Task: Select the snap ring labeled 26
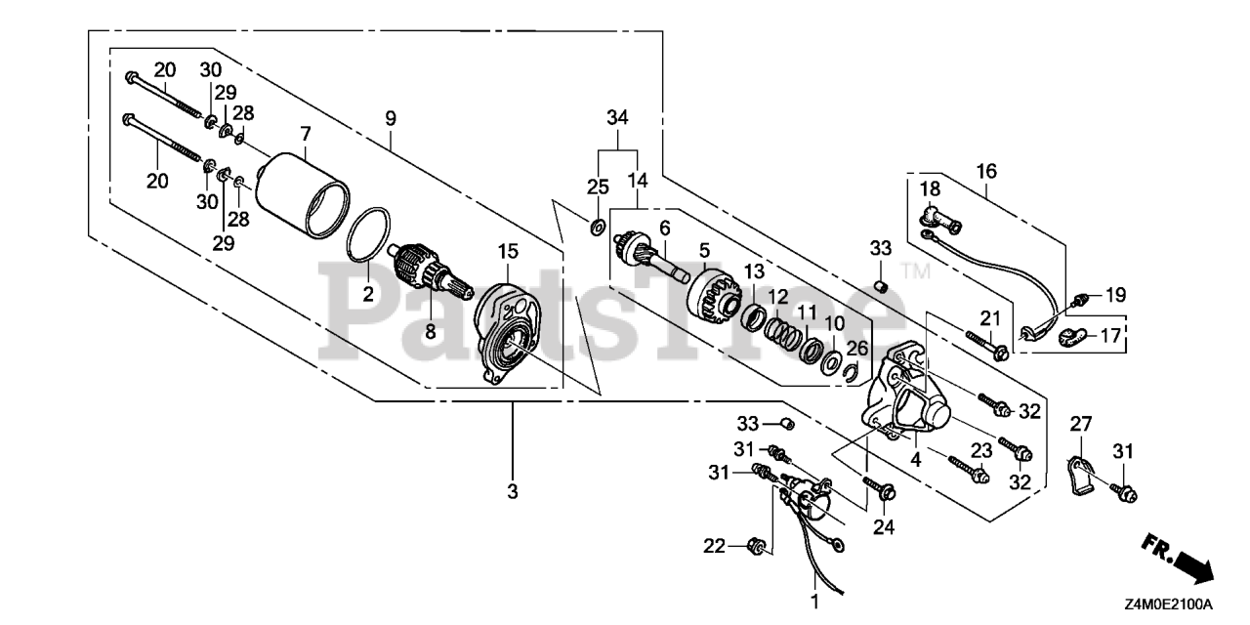852,371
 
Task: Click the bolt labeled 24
877,491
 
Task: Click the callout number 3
513,491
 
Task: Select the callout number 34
616,118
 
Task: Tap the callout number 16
986,172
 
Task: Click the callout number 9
390,118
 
